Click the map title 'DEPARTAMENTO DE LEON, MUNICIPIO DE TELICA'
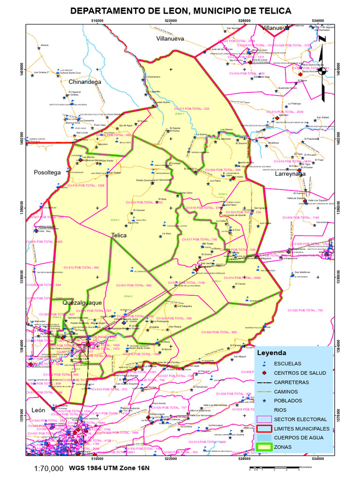click(180, 11)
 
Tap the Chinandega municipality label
click(85, 82)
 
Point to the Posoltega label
click(47, 172)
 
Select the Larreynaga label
click(290, 173)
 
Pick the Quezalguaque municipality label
click(82, 303)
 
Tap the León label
click(38, 410)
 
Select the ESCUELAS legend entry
click(287, 363)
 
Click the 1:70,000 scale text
click(49, 468)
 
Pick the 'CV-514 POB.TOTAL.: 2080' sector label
click(245, 278)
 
